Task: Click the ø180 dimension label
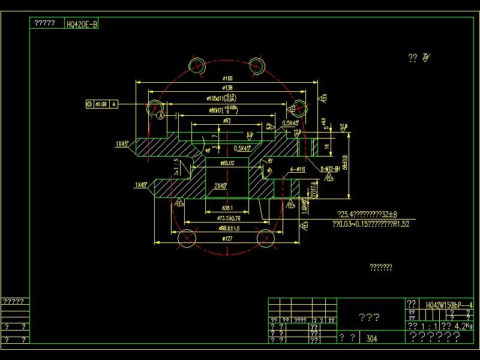pyautogui.click(x=227, y=79)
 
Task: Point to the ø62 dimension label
pyautogui.click(x=227, y=121)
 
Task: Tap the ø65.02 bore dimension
pyautogui.click(x=227, y=163)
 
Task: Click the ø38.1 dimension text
pyautogui.click(x=227, y=208)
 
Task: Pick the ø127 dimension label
pyautogui.click(x=227, y=239)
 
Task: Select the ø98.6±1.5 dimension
pyautogui.click(x=227, y=229)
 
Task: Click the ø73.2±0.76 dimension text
pyautogui.click(x=229, y=218)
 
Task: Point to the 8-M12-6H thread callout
pyautogui.click(x=331, y=169)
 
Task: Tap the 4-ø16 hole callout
pyautogui.click(x=298, y=170)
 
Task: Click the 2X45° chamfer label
pyautogui.click(x=220, y=186)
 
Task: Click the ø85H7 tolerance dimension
pyautogui.click(x=223, y=110)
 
